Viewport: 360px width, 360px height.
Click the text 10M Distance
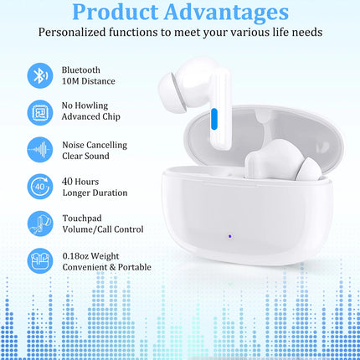(x=88, y=81)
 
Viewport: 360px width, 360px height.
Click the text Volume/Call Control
(x=102, y=229)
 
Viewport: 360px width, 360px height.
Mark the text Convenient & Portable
(x=106, y=267)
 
